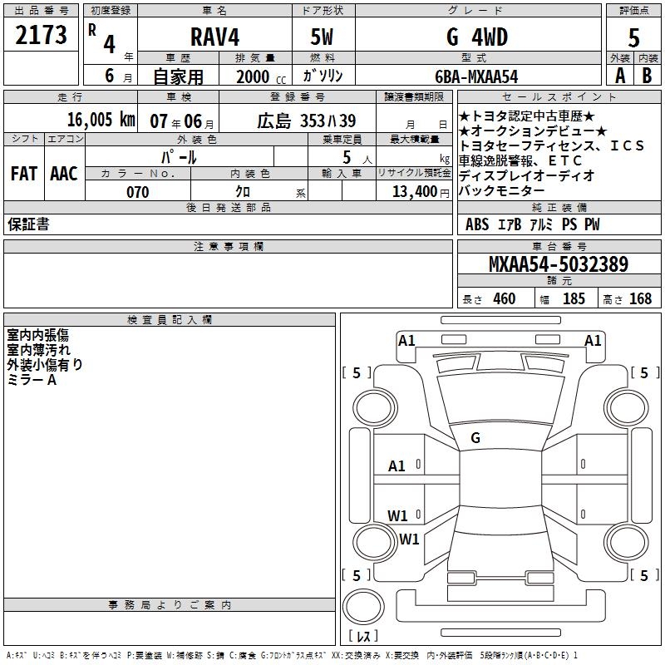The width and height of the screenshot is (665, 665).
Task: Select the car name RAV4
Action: (213, 37)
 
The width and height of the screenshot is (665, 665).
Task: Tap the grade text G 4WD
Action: (476, 37)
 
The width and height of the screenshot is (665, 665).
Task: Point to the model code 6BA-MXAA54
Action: (476, 76)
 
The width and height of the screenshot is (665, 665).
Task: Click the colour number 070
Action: (137, 192)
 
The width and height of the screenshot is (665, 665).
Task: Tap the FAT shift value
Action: (23, 173)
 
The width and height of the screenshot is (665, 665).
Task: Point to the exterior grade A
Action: (619, 76)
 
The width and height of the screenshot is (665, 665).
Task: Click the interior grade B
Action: (647, 76)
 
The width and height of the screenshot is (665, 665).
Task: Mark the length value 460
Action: (504, 298)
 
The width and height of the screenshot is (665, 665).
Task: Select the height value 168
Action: (640, 298)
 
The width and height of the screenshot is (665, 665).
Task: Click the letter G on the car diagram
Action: (475, 437)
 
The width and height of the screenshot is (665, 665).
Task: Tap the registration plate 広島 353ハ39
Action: (306, 120)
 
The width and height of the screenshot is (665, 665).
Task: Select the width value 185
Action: (574, 298)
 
